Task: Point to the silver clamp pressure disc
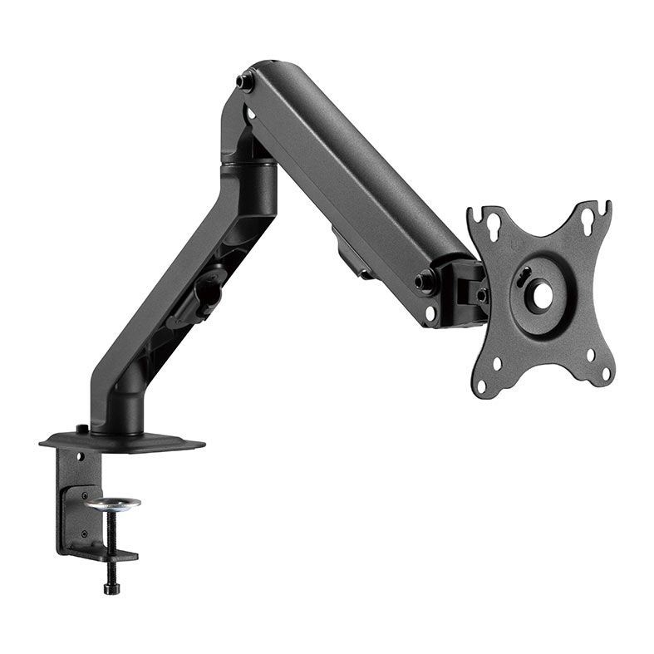click(x=111, y=503)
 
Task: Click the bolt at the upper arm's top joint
click(x=245, y=82)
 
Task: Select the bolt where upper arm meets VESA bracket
click(x=425, y=281)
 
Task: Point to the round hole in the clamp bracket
click(x=81, y=456)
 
